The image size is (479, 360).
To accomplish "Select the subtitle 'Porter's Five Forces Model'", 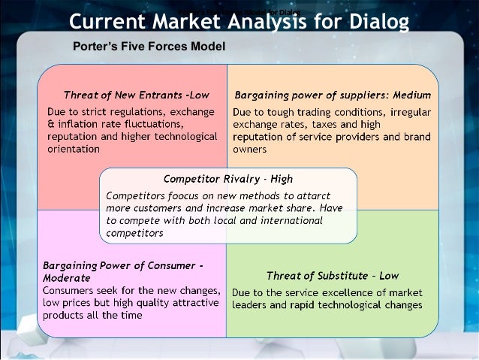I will [x=149, y=47].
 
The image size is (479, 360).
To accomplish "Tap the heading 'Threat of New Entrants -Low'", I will [x=136, y=95].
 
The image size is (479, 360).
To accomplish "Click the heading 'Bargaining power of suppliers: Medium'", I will [x=333, y=95].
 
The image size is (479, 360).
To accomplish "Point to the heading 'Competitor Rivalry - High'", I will [x=227, y=179].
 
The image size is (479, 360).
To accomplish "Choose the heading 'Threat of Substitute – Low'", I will [x=332, y=276].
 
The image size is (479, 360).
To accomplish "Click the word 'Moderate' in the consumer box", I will [x=67, y=277].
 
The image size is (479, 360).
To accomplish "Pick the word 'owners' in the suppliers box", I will [x=249, y=149].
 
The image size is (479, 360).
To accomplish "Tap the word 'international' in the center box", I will [x=291, y=220].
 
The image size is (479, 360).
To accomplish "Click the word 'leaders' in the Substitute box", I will [x=251, y=305].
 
